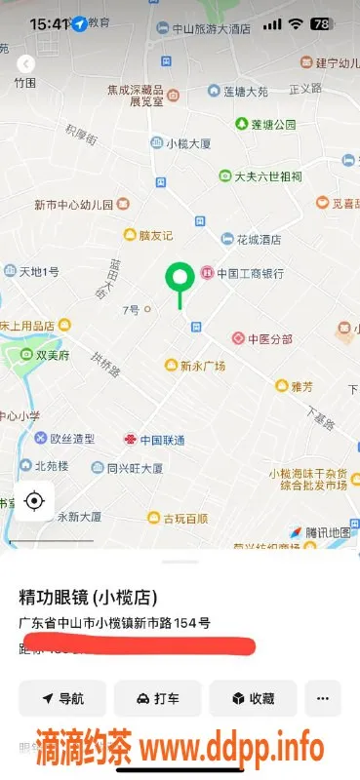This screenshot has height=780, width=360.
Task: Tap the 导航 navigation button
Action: [x=62, y=698]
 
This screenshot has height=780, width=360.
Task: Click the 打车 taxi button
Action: [x=157, y=698]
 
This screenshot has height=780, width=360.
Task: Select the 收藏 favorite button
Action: [x=252, y=698]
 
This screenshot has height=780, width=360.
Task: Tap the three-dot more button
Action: [x=323, y=698]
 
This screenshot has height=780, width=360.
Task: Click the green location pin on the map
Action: [x=179, y=280]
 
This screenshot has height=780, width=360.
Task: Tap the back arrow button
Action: [x=26, y=63]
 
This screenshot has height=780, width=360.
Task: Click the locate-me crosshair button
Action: [x=35, y=501]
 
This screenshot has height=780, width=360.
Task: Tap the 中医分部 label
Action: [x=262, y=338]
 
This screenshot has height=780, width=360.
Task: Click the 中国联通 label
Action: [x=155, y=440]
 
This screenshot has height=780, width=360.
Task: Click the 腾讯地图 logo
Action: [x=320, y=532]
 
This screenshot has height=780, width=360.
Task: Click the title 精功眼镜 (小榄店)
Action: [x=89, y=597]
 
